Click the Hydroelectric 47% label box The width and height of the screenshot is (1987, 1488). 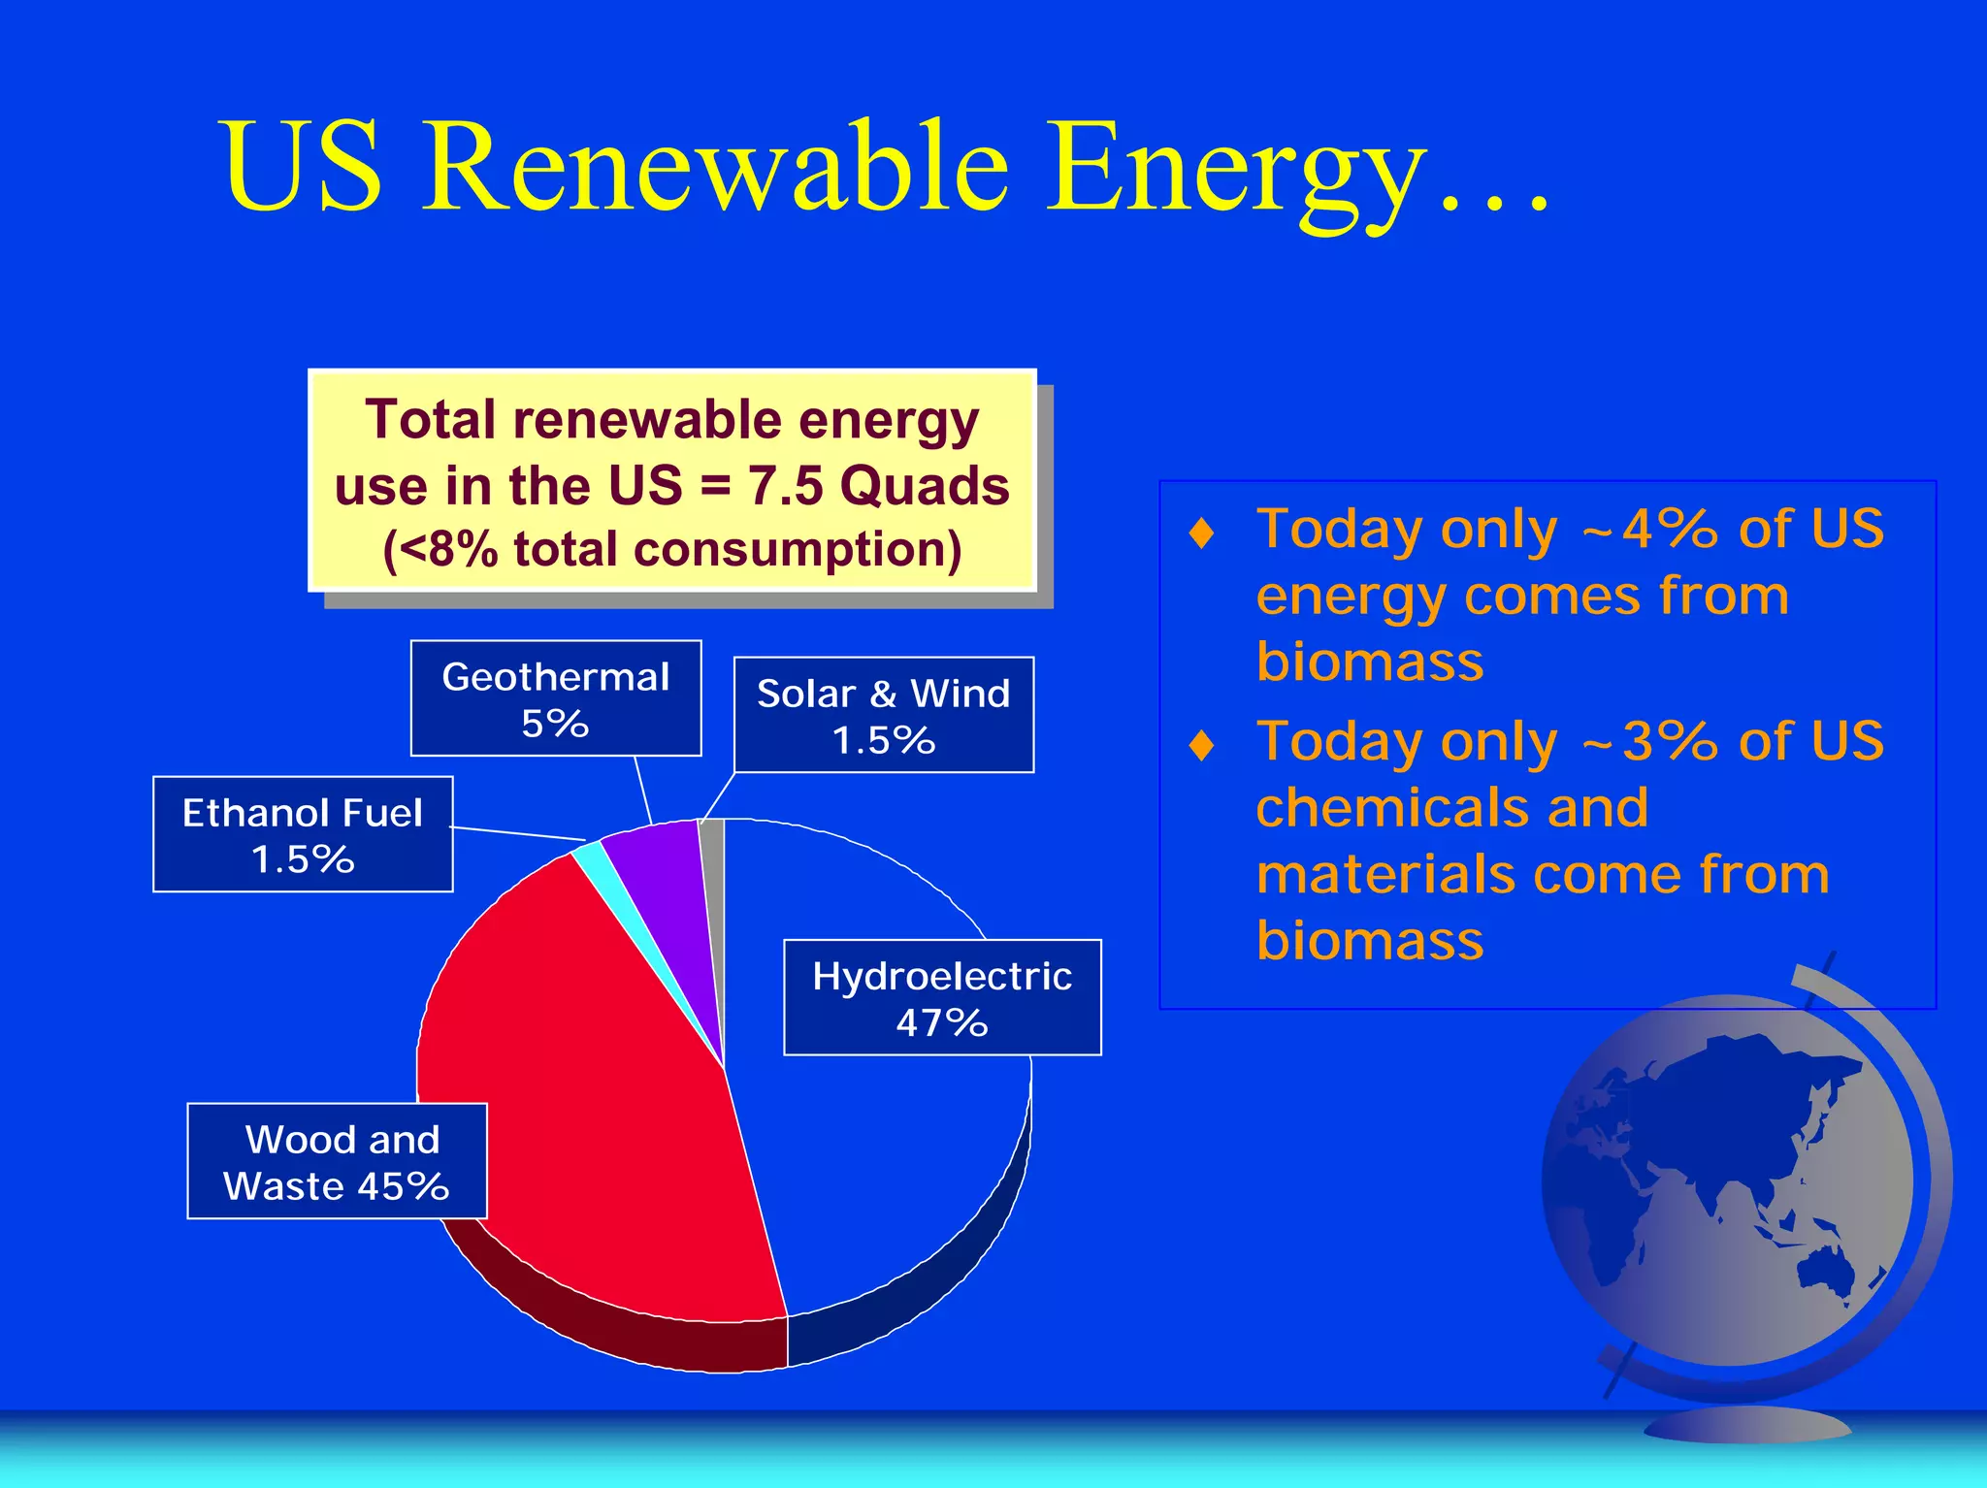942,997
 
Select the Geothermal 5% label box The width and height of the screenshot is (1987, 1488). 556,698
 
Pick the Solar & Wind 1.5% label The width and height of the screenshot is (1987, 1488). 884,715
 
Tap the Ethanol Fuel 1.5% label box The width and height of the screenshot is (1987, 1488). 303,834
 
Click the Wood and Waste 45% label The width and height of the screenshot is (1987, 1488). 337,1161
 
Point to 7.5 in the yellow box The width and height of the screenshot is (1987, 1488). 786,485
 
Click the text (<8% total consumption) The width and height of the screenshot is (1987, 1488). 672,550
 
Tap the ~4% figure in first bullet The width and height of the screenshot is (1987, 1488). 1649,530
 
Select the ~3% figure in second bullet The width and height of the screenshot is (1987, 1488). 1649,742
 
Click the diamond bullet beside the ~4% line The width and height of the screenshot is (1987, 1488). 1202,533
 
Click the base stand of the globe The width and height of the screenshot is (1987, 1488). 1746,1424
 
